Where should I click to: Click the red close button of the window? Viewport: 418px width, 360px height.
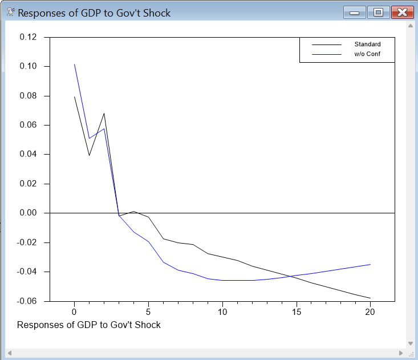pyautogui.click(x=403, y=13)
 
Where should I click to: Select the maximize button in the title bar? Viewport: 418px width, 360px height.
pyautogui.click(x=378, y=13)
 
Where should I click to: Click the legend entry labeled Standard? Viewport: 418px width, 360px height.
pyautogui.click(x=367, y=44)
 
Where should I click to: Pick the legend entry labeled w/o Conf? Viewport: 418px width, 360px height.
pyautogui.click(x=367, y=54)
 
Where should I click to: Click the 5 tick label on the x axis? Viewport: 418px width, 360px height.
pyautogui.click(x=148, y=312)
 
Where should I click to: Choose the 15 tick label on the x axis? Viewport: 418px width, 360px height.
pyautogui.click(x=297, y=312)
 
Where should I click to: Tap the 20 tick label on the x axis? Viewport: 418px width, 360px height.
pyautogui.click(x=371, y=312)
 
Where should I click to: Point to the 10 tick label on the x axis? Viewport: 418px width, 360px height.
pyautogui.click(x=222, y=312)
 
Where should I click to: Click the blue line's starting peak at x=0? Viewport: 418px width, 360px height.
pyautogui.click(x=74, y=64)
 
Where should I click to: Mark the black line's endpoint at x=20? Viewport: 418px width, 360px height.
pyautogui.click(x=370, y=298)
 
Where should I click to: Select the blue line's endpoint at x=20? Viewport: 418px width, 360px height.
pyautogui.click(x=370, y=264)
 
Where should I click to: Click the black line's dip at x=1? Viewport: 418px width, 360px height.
pyautogui.click(x=89, y=155)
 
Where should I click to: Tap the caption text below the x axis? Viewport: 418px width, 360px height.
pyautogui.click(x=89, y=325)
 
